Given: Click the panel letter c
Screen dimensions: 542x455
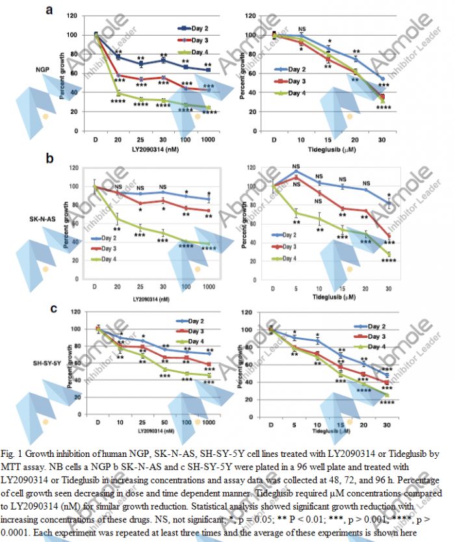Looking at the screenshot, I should click(54, 308).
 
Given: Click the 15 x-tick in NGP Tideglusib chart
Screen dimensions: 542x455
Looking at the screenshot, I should click(328, 140).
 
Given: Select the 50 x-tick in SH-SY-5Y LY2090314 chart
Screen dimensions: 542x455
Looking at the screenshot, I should click(164, 422).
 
